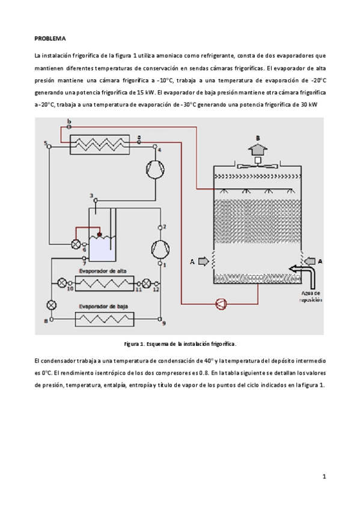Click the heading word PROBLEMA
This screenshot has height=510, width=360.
point(50,38)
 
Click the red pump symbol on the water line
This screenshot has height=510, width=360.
point(221,304)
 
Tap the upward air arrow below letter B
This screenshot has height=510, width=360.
point(258,149)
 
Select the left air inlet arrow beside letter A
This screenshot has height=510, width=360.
point(203,261)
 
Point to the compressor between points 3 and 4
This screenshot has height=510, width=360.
point(155,169)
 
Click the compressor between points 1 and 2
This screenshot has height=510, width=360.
point(160,249)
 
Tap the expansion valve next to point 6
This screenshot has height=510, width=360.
point(76,244)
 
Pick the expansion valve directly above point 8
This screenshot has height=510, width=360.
point(51,305)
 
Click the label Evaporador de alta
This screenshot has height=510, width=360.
point(103,271)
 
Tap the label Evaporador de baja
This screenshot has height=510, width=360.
point(103,306)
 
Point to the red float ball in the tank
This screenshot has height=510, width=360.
point(99,234)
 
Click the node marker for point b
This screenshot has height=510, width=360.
point(69,127)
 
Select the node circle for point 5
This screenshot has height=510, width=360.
point(49,147)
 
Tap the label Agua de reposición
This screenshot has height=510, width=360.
point(311,296)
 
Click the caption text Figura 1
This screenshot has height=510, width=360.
point(134,344)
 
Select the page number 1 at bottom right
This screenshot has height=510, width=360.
point(324,476)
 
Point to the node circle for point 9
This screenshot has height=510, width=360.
point(160,319)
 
